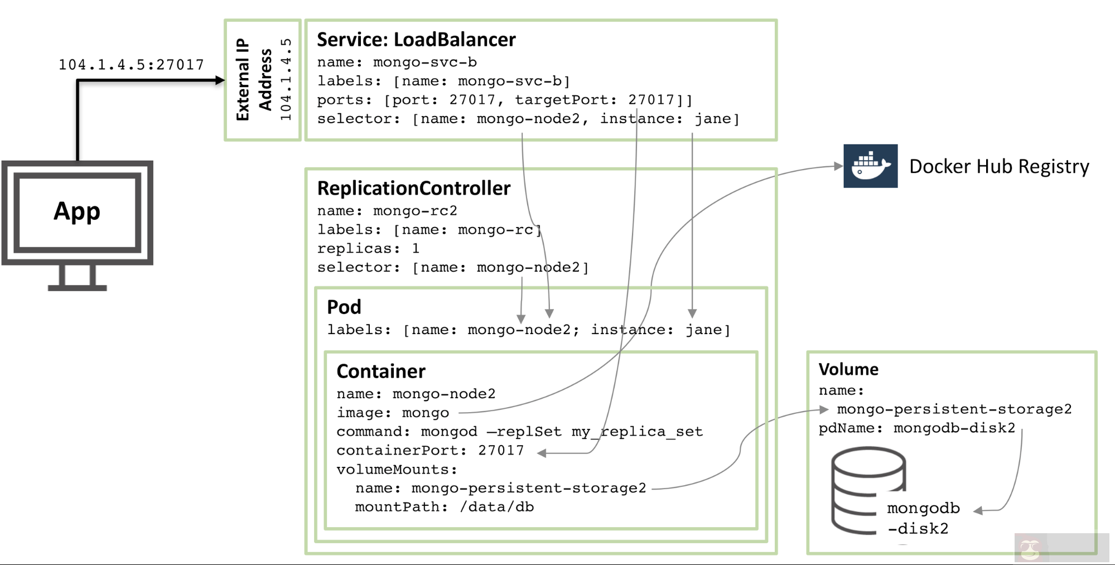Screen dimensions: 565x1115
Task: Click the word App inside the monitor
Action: [77, 211]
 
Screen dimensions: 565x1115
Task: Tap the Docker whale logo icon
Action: [870, 166]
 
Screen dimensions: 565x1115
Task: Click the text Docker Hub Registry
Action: [998, 167]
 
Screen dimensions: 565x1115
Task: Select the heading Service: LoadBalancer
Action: [416, 40]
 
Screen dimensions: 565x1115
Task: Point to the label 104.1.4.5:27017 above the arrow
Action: [132, 65]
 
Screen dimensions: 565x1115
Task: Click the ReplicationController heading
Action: [413, 189]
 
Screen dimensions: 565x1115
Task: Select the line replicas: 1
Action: [368, 248]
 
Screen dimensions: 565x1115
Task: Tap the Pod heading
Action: [344, 307]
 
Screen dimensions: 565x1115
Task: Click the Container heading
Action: [381, 371]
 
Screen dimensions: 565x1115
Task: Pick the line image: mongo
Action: [393, 413]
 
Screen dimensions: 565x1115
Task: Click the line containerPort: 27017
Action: [430, 451]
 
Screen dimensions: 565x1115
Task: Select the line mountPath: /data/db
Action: [444, 507]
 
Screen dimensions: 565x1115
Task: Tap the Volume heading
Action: [848, 369]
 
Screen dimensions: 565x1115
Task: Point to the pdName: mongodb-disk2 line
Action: [916, 428]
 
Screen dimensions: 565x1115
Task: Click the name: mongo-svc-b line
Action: [397, 62]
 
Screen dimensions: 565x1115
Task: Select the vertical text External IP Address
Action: [254, 80]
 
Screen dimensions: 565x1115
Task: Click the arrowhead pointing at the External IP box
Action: [220, 80]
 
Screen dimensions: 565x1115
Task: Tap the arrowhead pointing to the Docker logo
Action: [838, 166]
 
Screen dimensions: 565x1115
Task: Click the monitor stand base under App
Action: [77, 287]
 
